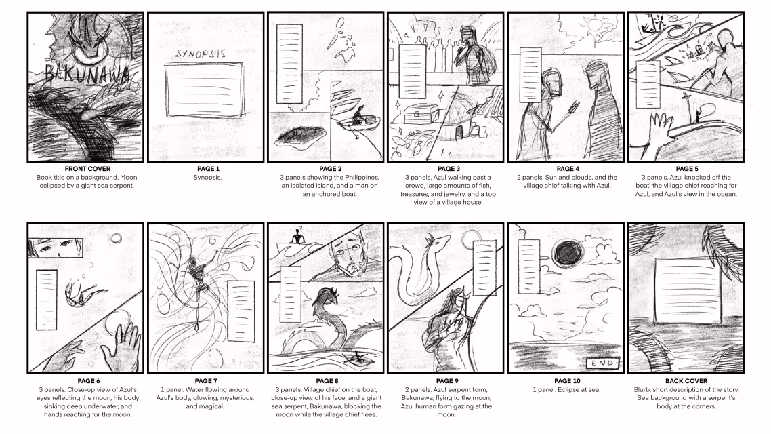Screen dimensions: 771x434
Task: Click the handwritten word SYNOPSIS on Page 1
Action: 201,54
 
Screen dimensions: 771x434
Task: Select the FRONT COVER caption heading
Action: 87,169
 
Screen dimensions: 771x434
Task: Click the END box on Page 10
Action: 603,363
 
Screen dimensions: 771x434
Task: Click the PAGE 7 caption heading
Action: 205,381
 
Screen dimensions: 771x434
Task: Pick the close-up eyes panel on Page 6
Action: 56,247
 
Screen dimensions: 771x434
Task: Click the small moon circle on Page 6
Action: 116,239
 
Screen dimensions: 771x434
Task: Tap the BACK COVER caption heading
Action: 686,381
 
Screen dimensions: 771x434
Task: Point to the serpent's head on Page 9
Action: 438,242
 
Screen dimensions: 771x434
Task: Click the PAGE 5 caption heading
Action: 686,169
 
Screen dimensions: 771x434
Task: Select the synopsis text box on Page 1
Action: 205,91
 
